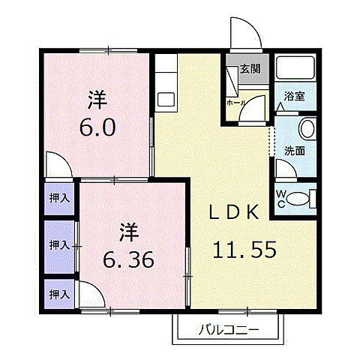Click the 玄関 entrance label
pyautogui.click(x=250, y=70)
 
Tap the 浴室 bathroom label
pyautogui.click(x=293, y=96)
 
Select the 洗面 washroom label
pyautogui.click(x=293, y=150)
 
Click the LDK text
pyautogui.click(x=235, y=213)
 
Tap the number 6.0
pyautogui.click(x=98, y=126)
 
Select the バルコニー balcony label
pyautogui.click(x=229, y=328)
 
